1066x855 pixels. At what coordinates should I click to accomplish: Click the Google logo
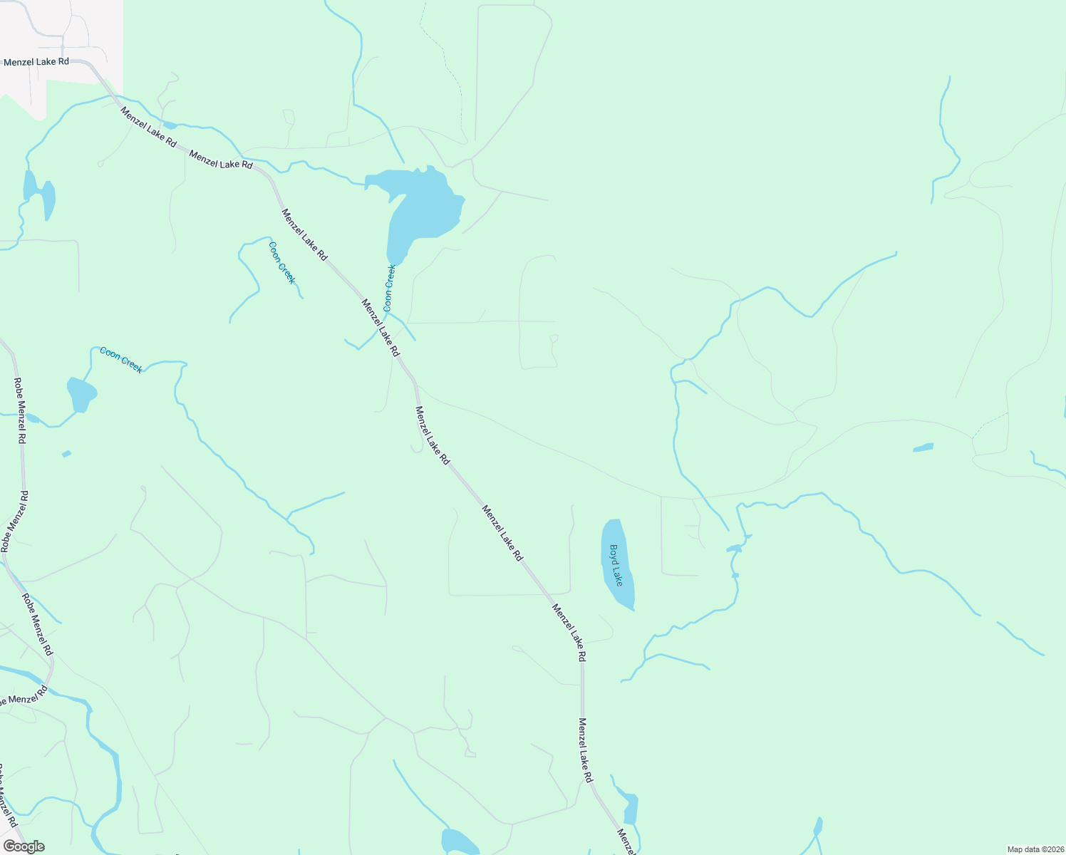[x=24, y=846]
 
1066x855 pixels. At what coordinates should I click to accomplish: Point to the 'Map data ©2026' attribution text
[x=1035, y=849]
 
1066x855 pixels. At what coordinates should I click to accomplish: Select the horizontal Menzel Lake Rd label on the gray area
[x=36, y=62]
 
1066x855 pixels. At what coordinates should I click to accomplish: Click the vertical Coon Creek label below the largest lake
[x=389, y=288]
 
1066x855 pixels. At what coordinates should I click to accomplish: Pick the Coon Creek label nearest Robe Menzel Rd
[x=121, y=359]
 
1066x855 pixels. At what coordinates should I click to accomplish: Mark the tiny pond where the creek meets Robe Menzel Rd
[x=32, y=418]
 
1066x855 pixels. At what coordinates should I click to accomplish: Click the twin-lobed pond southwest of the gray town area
[x=39, y=192]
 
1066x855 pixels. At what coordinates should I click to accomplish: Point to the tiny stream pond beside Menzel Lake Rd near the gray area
[x=170, y=125]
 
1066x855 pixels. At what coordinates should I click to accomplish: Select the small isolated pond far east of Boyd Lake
[x=923, y=447]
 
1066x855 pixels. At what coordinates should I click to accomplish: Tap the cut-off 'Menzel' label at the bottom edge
[x=626, y=842]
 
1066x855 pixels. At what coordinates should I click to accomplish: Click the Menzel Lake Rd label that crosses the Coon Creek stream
[x=381, y=328]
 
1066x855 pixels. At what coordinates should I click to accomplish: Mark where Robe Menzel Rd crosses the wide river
[x=49, y=677]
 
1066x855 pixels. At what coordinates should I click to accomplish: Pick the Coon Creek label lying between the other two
[x=281, y=263]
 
